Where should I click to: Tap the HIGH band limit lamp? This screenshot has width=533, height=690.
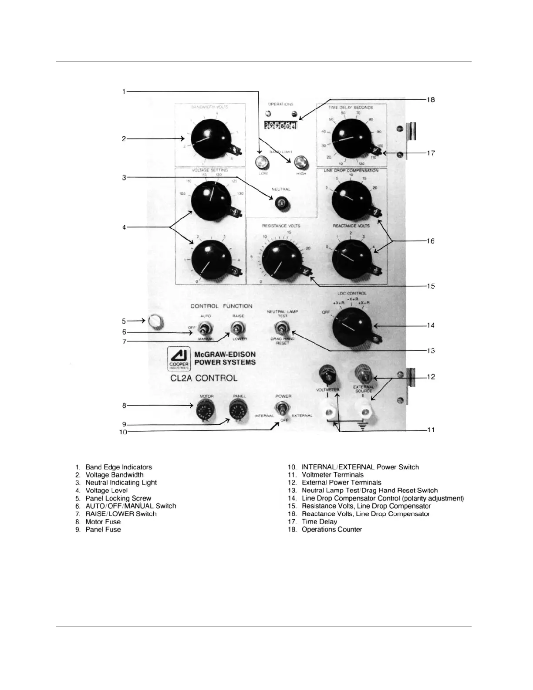(x=300, y=162)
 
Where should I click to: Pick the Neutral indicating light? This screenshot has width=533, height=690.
(x=281, y=203)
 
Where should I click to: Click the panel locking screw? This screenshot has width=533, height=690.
(x=155, y=321)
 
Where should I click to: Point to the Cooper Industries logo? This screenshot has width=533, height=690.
(x=179, y=359)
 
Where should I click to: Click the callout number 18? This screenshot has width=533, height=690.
(x=430, y=100)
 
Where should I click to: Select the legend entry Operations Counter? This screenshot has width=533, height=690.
(x=332, y=530)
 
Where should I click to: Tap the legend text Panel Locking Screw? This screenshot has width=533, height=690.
(x=118, y=498)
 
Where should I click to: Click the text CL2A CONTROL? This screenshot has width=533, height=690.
(x=204, y=378)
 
